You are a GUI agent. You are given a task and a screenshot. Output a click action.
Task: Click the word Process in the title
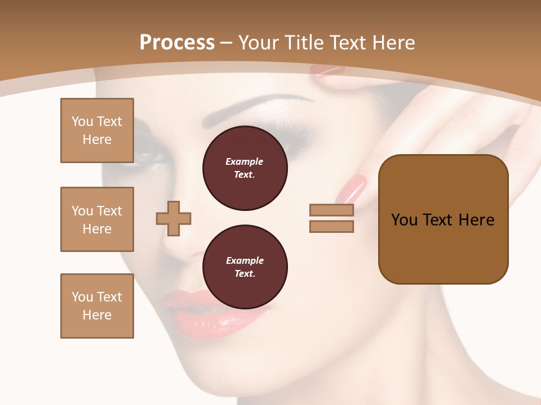click(x=177, y=43)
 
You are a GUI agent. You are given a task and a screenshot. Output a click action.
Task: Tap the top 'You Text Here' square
click(x=97, y=130)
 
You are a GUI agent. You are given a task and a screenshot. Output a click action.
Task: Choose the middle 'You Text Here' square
click(x=97, y=219)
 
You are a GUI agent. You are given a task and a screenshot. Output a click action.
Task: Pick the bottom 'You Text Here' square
click(x=97, y=306)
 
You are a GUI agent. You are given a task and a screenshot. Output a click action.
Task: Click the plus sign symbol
click(x=174, y=218)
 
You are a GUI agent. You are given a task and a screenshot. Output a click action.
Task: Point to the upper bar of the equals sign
click(x=331, y=210)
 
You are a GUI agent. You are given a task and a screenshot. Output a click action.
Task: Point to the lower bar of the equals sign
click(x=331, y=226)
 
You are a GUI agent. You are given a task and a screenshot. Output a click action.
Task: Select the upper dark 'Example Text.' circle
click(x=245, y=168)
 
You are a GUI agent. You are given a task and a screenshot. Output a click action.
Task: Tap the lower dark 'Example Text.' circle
click(x=245, y=267)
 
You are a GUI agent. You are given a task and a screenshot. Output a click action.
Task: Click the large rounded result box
click(x=443, y=219)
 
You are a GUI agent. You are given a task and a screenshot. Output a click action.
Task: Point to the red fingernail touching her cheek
click(x=352, y=188)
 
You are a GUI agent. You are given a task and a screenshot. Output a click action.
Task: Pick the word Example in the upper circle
click(x=244, y=161)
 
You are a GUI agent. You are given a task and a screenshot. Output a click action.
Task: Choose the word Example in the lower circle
click(x=245, y=260)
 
